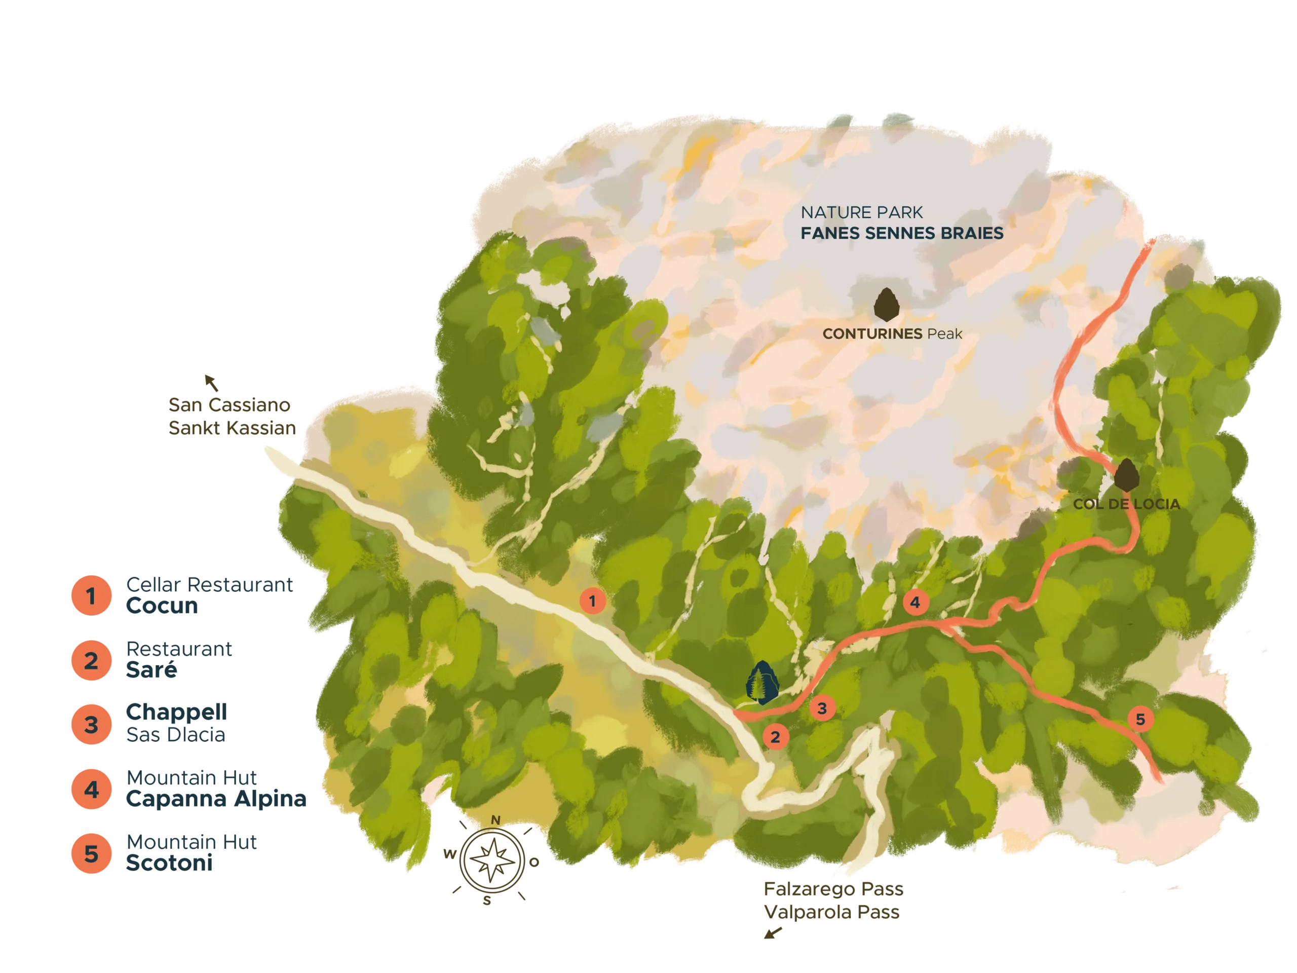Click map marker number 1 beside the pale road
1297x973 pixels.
point(593,601)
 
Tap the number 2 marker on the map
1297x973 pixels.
point(775,737)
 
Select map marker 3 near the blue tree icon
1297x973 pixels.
point(822,708)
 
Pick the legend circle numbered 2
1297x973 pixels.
point(91,661)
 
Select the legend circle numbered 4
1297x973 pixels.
point(91,790)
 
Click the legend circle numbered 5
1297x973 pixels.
point(91,854)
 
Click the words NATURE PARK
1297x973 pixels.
point(861,212)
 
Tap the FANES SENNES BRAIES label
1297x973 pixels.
point(902,234)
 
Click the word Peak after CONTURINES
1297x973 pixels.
point(945,334)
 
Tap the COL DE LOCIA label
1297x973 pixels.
point(1126,504)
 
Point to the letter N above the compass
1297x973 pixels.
point(495,820)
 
